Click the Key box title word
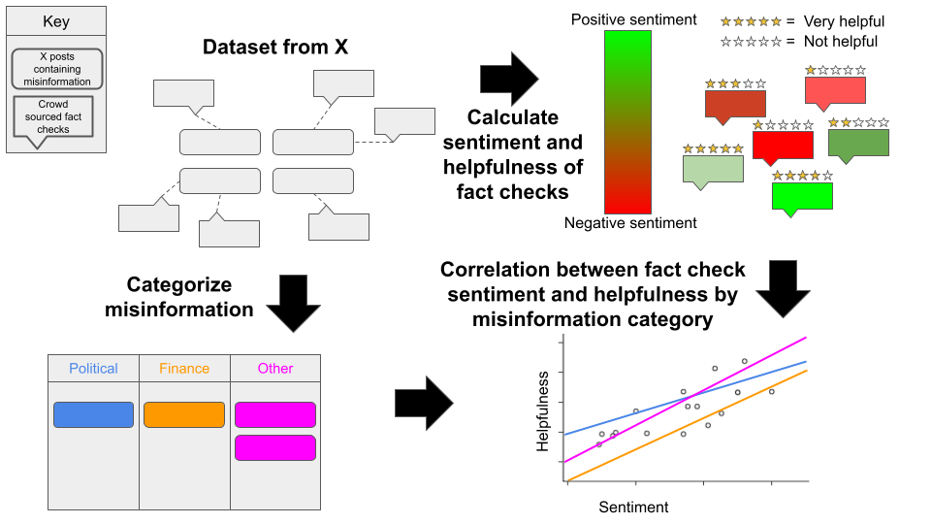point(56,21)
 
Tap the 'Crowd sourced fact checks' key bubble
point(54,115)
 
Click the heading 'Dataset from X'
point(275,47)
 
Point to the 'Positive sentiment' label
point(633,19)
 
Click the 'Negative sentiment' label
point(630,223)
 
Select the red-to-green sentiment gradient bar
point(627,121)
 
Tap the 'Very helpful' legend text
point(844,21)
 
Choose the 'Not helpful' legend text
point(841,41)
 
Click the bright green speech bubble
point(802,196)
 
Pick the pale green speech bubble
point(713,169)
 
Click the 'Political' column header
point(93,369)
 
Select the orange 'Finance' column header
point(184,369)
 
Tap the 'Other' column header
point(275,369)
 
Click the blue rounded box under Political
point(93,414)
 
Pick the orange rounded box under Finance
point(184,414)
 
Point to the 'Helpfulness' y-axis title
point(544,411)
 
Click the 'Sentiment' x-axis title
point(633,507)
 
